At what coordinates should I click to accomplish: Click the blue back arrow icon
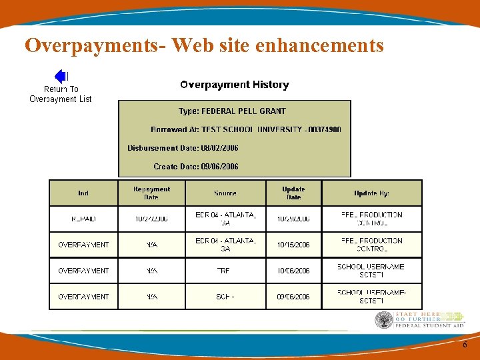tap(61, 76)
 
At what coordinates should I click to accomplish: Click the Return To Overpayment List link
tap(61, 94)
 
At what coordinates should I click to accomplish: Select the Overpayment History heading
tap(234, 85)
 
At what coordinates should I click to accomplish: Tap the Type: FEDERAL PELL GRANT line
tap(232, 111)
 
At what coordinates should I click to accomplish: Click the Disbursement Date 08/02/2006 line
tap(183, 148)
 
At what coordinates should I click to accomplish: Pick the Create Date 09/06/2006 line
tap(196, 166)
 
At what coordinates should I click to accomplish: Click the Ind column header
tap(83, 193)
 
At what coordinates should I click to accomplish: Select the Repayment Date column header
tap(151, 193)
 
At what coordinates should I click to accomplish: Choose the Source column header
tap(225, 193)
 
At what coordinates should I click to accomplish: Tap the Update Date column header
tap(293, 193)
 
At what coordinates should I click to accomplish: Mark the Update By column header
tap(371, 193)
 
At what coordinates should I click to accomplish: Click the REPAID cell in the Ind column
tap(83, 219)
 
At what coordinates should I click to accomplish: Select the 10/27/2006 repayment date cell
tap(151, 219)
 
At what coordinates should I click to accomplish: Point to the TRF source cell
tap(225, 271)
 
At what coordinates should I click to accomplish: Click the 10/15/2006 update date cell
tap(293, 245)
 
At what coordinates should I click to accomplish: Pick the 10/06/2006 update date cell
tap(293, 271)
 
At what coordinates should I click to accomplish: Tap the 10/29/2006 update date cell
tap(293, 219)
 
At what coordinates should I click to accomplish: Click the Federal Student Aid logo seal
tap(384, 321)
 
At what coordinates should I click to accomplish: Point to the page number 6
tap(465, 345)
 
